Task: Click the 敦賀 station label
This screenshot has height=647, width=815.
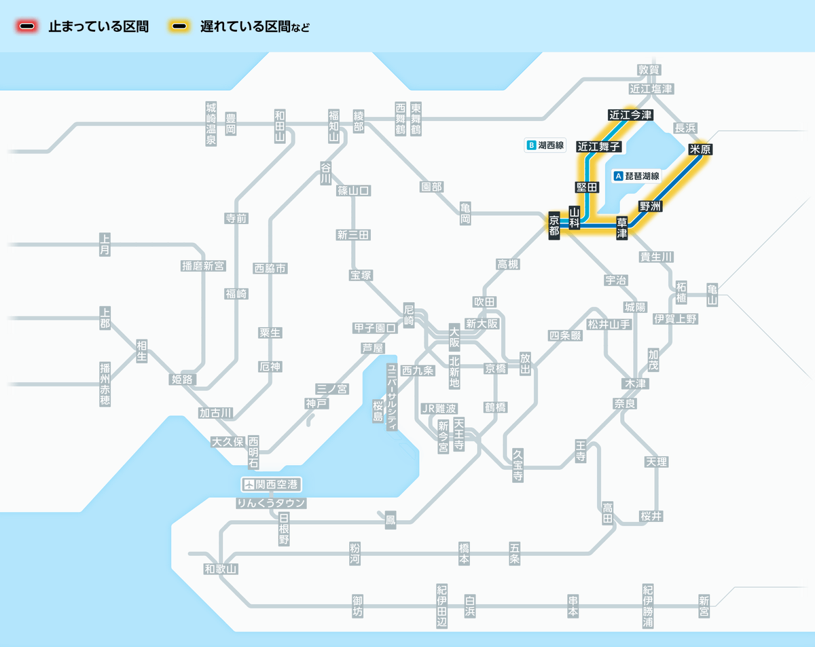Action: [649, 69]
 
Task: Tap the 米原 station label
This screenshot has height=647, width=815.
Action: [699, 149]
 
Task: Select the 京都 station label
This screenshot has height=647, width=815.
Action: [554, 225]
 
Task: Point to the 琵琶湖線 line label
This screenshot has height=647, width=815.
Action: [636, 176]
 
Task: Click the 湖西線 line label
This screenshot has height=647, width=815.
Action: [546, 145]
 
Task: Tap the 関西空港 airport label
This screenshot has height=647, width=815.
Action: [272, 485]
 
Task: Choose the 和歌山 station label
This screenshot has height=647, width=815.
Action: [221, 569]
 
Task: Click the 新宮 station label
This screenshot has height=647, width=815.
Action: [704, 606]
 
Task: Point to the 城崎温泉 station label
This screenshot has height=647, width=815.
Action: [211, 124]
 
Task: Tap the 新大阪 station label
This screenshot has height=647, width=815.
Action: [482, 324]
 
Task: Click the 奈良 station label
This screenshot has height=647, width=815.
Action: [624, 403]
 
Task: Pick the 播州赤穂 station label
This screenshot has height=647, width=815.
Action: [105, 384]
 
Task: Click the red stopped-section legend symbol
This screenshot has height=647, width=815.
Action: [28, 27]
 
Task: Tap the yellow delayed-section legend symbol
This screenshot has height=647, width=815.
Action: [179, 27]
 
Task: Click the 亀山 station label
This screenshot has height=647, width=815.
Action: [712, 295]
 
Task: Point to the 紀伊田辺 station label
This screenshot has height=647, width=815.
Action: [442, 606]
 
